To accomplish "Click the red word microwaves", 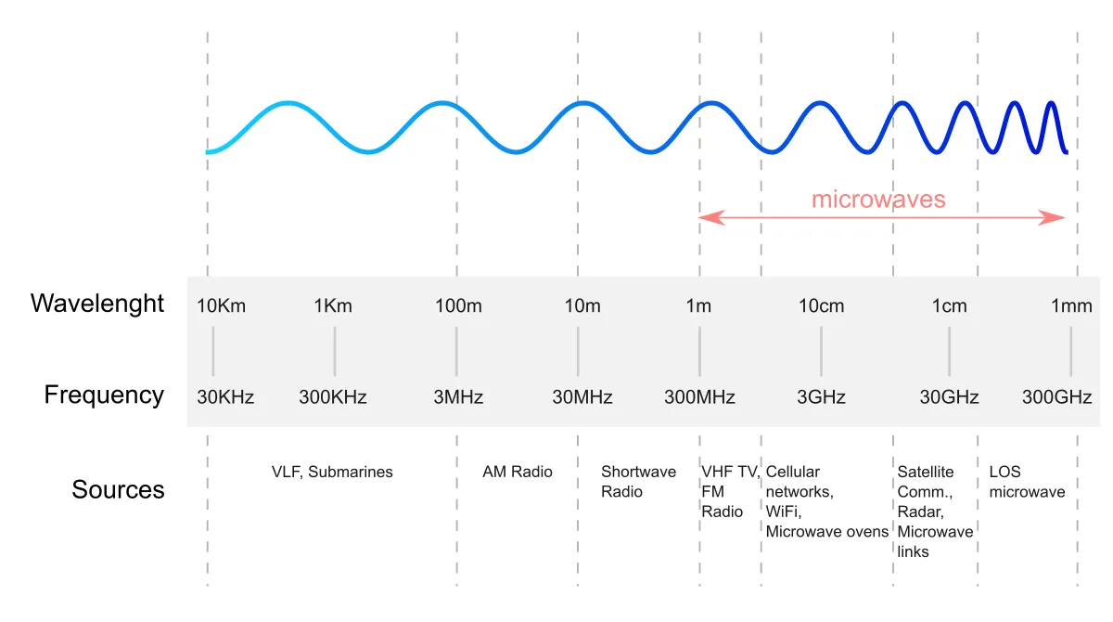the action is [x=878, y=200].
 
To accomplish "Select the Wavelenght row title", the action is [x=96, y=304].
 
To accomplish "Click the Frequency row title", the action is [x=104, y=395].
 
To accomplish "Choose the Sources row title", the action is [x=118, y=490].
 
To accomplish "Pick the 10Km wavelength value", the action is [x=221, y=305].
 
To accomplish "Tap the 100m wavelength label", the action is [x=458, y=305].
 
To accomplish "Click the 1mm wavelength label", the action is [x=1071, y=305].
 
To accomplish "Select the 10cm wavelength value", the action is [x=822, y=305].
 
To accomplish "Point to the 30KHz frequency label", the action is [x=225, y=397].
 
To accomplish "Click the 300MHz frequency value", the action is [x=699, y=397].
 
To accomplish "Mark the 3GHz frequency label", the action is [x=822, y=397].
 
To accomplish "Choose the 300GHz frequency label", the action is [x=1056, y=397].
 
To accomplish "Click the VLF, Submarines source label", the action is [x=332, y=472].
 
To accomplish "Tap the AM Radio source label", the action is [x=518, y=472].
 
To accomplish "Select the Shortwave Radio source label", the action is [x=638, y=482].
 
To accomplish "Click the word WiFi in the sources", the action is [x=784, y=512].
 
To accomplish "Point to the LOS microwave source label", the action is [x=1027, y=482].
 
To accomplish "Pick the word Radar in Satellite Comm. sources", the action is [x=920, y=512].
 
